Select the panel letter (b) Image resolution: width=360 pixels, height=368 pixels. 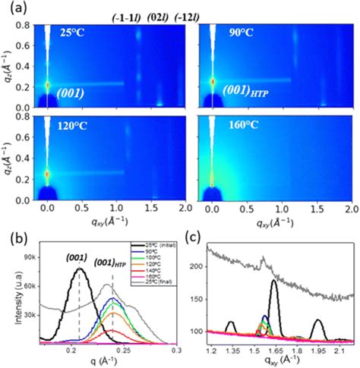(13, 233)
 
